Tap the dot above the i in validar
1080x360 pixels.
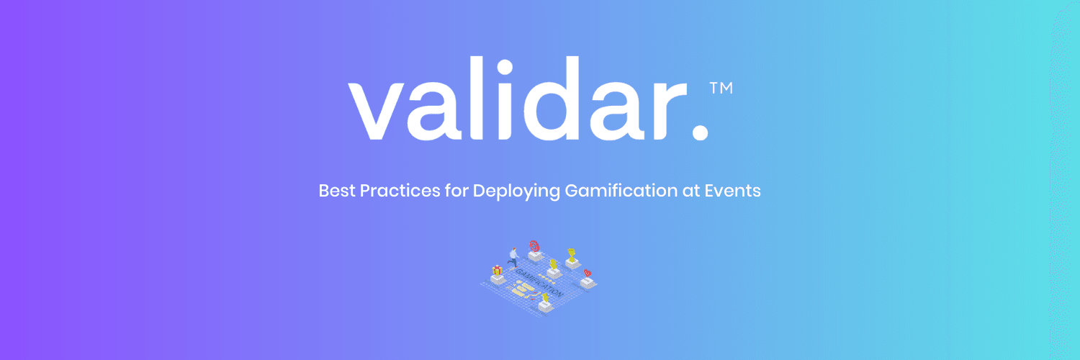click(x=505, y=68)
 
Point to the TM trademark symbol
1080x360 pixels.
click(x=721, y=88)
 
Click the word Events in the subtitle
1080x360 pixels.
click(x=736, y=192)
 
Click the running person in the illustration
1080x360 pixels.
click(x=513, y=256)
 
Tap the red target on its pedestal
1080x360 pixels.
click(x=534, y=246)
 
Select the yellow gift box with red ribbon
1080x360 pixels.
click(x=497, y=271)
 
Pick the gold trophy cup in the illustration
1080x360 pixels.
click(x=572, y=253)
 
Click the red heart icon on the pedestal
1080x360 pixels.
click(x=587, y=274)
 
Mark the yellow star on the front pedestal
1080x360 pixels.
click(x=545, y=297)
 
